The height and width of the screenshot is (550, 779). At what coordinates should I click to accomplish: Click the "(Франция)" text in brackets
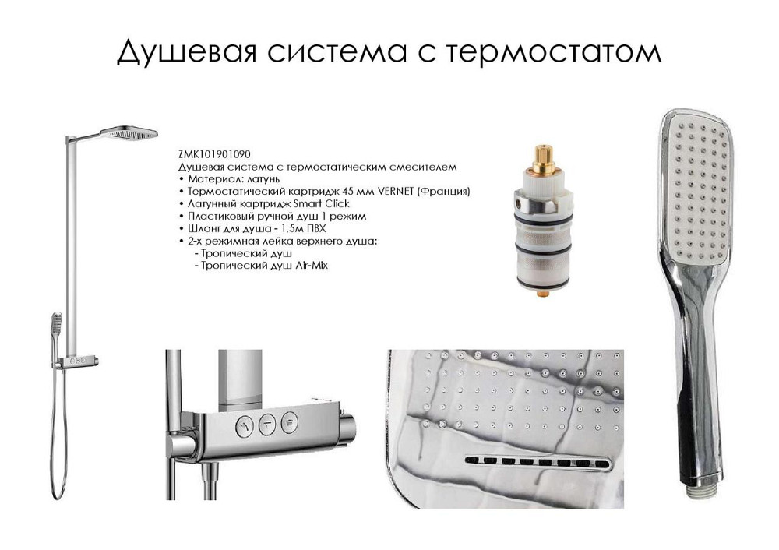[453, 191]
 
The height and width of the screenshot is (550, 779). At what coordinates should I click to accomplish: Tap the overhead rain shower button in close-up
[290, 421]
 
